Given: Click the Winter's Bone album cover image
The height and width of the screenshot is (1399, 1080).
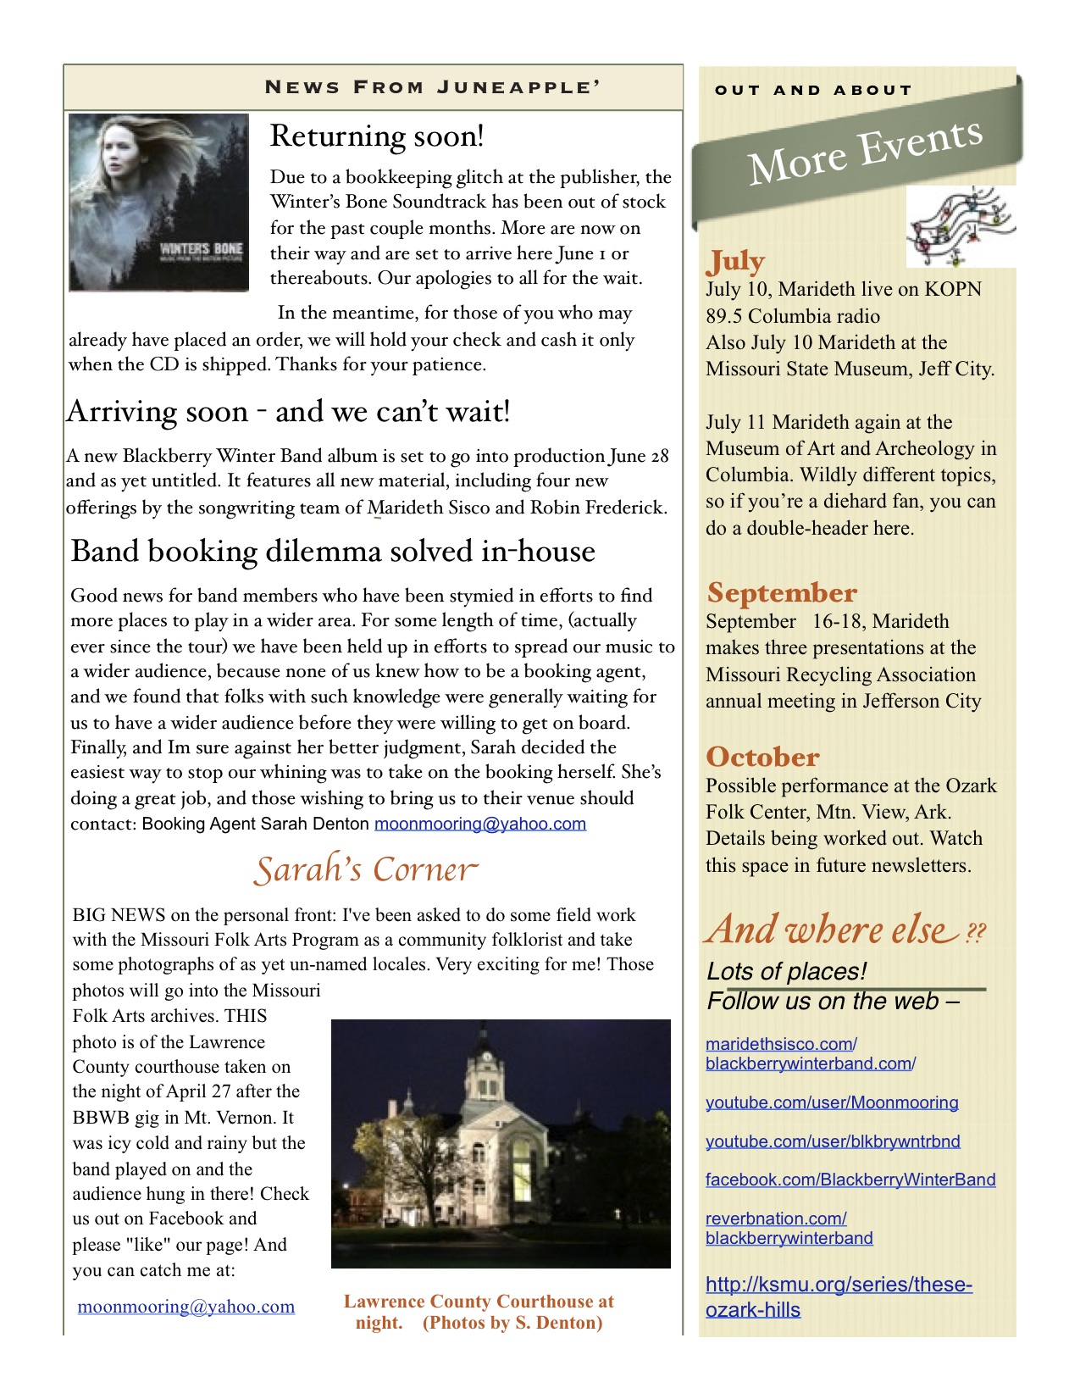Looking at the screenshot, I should click(158, 203).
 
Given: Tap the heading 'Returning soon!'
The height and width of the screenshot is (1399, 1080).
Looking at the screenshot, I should click(377, 136).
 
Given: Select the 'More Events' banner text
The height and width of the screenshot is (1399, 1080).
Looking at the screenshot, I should click(864, 152).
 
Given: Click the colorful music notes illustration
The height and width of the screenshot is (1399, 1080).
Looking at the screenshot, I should click(961, 226).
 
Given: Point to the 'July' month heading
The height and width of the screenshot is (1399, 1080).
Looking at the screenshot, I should click(736, 261).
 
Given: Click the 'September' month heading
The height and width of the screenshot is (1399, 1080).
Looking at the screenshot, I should click(781, 592).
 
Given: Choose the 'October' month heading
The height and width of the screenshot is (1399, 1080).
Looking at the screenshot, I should click(762, 757).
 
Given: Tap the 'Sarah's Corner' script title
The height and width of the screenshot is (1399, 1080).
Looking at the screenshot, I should click(366, 870).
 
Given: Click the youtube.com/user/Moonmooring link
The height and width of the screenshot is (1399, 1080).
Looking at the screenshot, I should click(832, 1102).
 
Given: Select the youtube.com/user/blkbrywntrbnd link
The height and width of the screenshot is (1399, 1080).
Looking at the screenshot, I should click(833, 1141).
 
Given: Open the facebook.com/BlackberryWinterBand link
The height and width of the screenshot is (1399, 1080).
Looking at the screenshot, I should click(850, 1180).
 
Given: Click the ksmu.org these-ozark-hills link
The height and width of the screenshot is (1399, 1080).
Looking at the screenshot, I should click(839, 1296).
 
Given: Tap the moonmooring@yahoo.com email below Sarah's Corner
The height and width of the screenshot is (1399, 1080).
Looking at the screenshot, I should click(186, 1307).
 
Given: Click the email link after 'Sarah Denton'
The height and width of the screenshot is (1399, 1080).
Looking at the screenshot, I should click(480, 824).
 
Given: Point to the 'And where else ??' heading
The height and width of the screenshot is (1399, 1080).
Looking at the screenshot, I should click(845, 930).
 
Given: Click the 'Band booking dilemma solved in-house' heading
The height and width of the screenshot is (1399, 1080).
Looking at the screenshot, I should click(333, 552).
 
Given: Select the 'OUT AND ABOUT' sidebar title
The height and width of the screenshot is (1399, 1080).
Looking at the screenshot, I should click(812, 90).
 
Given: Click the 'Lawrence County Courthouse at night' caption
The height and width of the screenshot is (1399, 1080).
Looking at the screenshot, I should click(479, 1312).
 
